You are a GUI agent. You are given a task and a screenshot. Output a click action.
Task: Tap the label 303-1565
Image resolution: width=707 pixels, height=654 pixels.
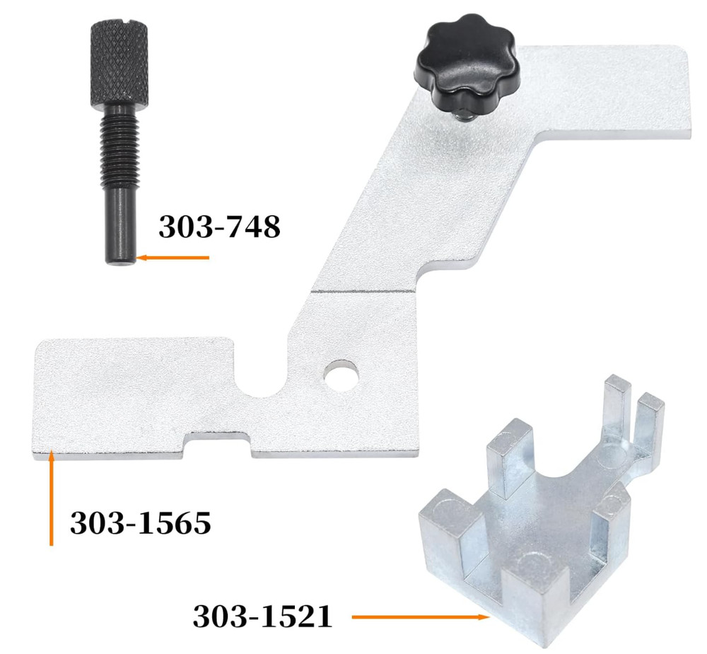[140, 523]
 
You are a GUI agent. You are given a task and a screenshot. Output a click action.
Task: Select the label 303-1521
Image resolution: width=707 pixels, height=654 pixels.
[262, 617]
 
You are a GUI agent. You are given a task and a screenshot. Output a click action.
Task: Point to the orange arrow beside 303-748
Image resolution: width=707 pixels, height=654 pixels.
[173, 258]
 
